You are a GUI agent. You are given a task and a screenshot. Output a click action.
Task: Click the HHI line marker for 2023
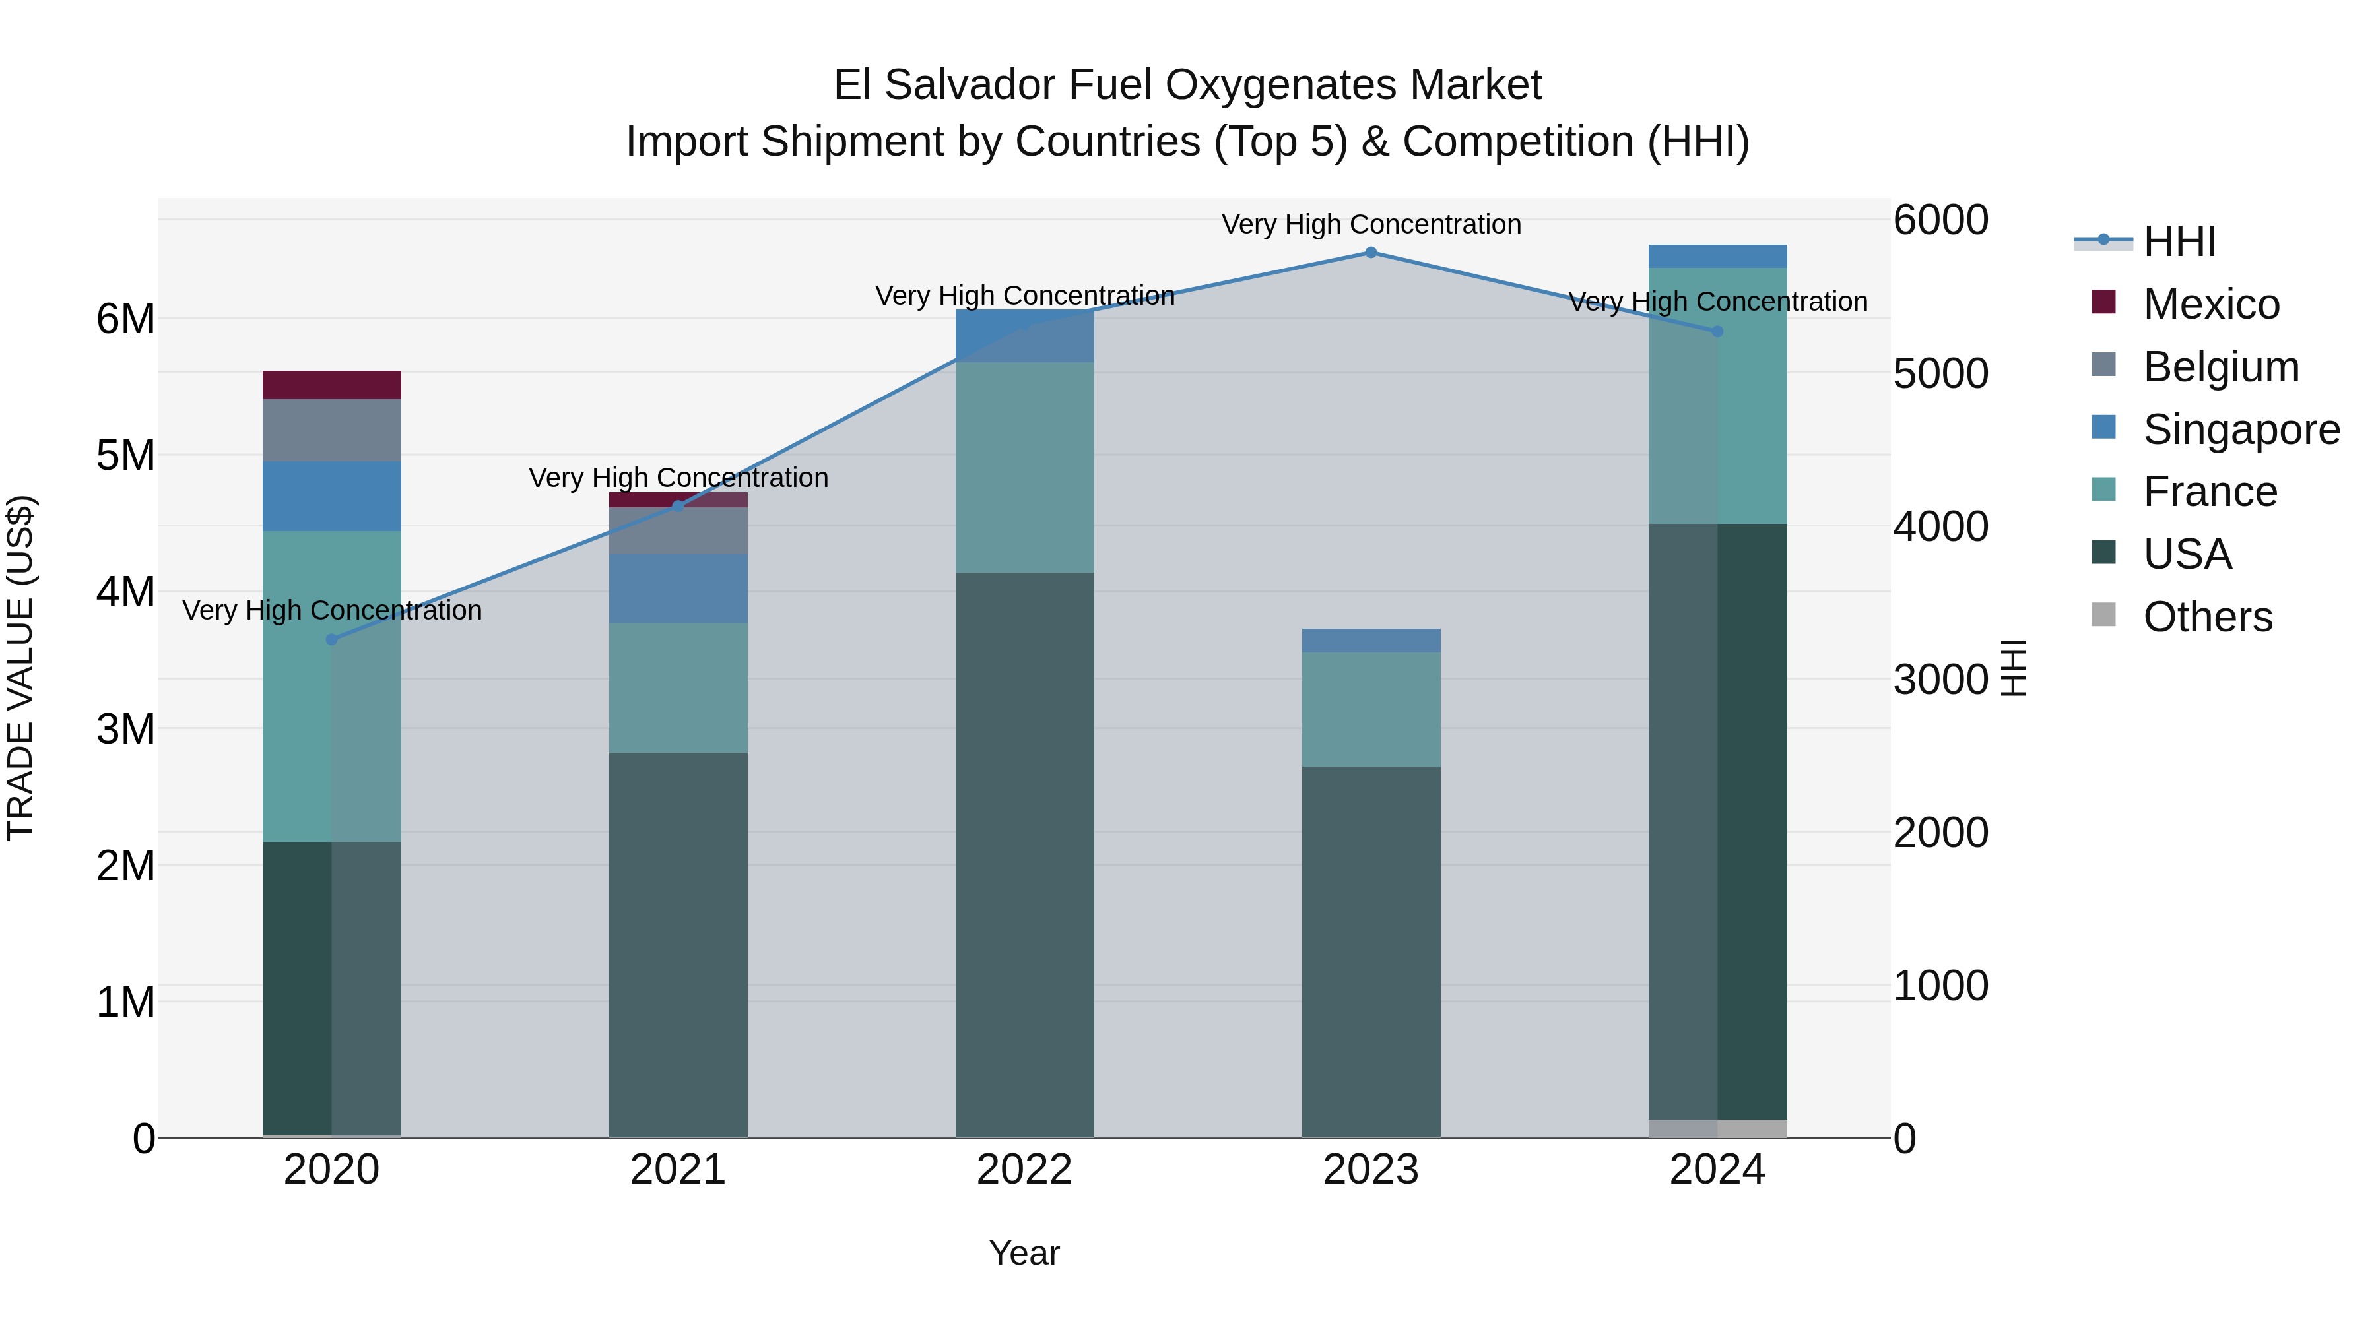[x=1371, y=253]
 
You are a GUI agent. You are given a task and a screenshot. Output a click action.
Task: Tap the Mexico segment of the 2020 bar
[x=332, y=385]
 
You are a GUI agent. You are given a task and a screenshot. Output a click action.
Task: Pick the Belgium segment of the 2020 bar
[x=332, y=429]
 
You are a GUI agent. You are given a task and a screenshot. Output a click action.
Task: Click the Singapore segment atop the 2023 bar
[x=1371, y=640]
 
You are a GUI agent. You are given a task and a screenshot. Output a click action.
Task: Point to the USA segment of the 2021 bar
[x=678, y=944]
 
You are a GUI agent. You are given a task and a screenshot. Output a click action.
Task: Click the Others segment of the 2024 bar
[x=1717, y=1129]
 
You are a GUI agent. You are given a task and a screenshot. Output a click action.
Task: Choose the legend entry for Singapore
[x=2241, y=429]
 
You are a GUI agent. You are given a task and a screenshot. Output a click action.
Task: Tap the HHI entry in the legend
[x=2179, y=241]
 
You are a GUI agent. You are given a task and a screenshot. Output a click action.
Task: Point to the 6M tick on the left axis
[x=125, y=319]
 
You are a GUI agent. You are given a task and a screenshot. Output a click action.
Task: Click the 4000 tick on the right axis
[x=1940, y=526]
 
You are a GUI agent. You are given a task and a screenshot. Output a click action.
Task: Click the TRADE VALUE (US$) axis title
[x=20, y=668]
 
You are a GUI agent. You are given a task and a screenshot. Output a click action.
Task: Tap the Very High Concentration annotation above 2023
[x=1371, y=224]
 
